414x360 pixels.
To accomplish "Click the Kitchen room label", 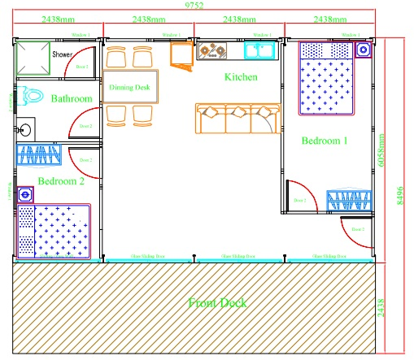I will [241, 77].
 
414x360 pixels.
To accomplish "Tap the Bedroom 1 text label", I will [325, 141].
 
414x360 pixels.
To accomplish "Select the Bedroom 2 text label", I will [61, 180].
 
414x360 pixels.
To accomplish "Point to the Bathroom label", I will [71, 99].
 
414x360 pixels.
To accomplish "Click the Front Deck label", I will [217, 303].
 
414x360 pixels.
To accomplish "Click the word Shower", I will [63, 54].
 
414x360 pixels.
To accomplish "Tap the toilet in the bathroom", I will [32, 97].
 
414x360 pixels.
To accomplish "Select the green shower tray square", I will [33, 56].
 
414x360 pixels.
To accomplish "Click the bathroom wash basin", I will [25, 128].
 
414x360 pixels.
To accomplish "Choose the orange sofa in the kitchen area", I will [236, 119].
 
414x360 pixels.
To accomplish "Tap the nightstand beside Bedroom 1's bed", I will [363, 49].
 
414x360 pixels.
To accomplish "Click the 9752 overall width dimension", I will [194, 6].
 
